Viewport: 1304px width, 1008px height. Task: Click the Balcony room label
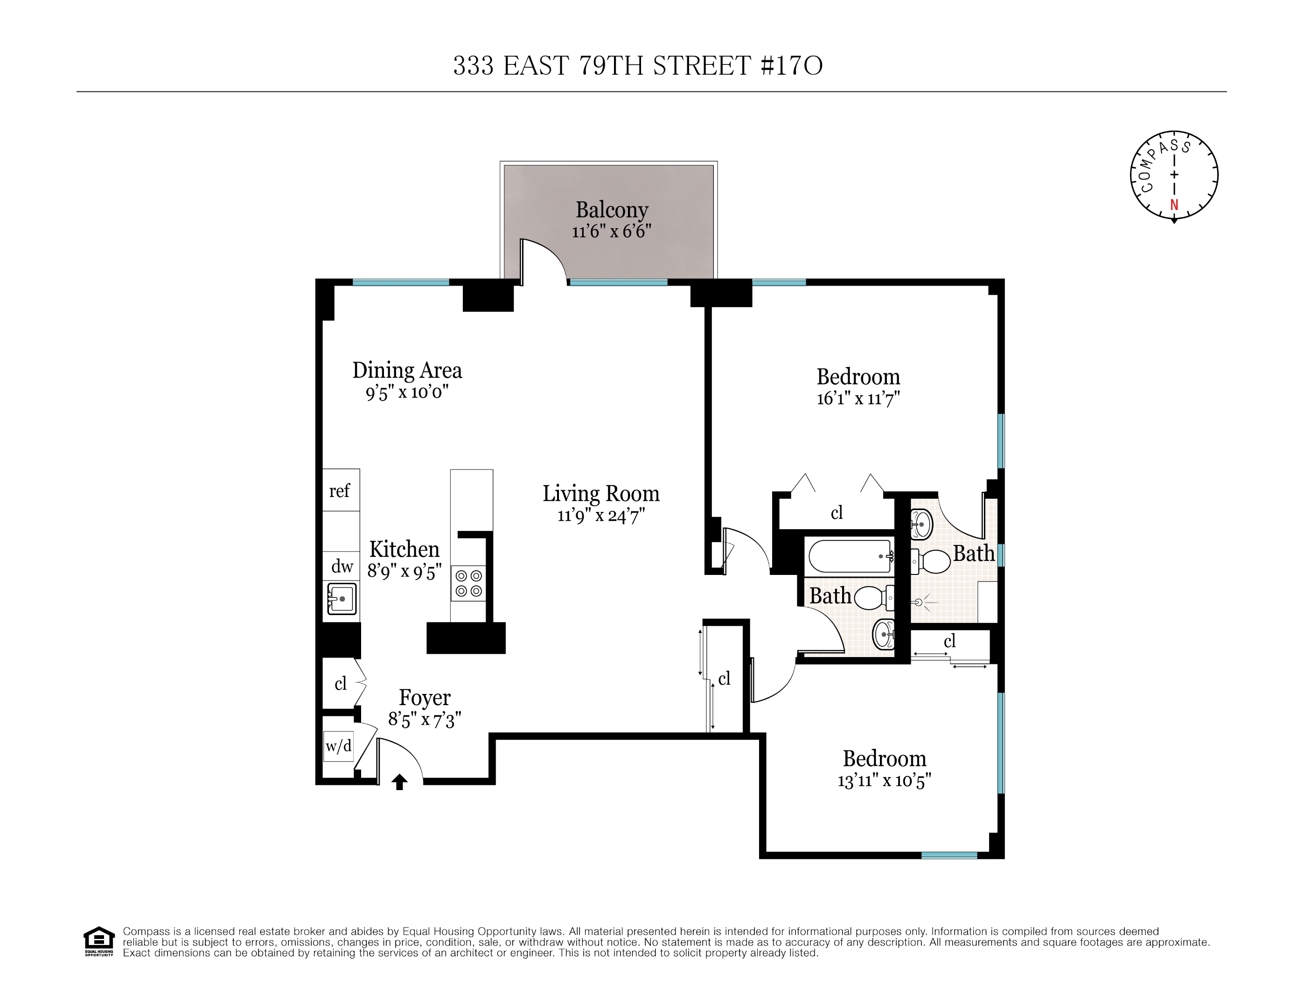(611, 210)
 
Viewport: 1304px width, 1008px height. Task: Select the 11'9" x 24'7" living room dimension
(600, 515)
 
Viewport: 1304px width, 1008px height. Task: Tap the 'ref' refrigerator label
(339, 491)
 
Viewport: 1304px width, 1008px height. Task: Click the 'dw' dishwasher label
(342, 566)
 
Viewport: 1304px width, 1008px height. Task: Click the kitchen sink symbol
(342, 598)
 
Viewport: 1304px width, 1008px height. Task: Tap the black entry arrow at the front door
(399, 782)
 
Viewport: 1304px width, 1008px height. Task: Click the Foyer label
(425, 698)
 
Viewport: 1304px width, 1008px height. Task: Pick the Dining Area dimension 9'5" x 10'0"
(407, 392)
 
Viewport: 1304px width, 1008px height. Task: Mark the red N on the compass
(1174, 205)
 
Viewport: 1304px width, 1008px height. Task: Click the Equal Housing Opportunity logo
(98, 942)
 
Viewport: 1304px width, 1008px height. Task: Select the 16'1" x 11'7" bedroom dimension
(858, 399)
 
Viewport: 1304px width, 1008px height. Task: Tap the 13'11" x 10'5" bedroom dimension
(884, 780)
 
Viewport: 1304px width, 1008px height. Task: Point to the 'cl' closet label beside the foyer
(340, 683)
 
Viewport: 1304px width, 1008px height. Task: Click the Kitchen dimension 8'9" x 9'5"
(404, 572)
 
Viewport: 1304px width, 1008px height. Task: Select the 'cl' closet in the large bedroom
(837, 512)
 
